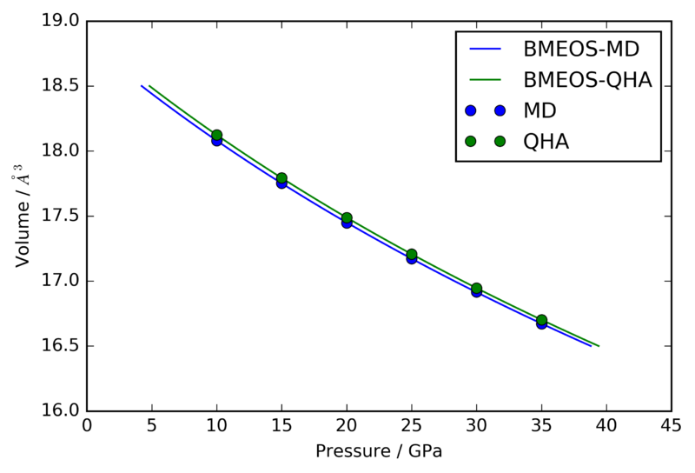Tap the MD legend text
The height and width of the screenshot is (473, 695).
pos(539,110)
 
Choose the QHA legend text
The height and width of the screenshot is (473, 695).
pos(546,142)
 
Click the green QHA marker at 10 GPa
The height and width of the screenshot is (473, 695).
pos(217,135)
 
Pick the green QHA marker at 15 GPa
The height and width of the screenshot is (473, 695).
pos(281,177)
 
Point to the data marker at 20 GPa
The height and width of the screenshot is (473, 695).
pos(347,218)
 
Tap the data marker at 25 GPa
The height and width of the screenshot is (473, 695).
pos(412,255)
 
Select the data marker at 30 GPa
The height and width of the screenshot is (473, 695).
pos(476,289)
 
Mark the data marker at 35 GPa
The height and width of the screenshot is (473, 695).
pos(541,320)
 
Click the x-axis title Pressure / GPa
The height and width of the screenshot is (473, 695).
pos(379,452)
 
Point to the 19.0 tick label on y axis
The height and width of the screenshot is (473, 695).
pos(60,21)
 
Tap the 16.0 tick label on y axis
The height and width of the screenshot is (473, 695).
pos(60,411)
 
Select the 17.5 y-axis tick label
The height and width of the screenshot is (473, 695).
pos(60,216)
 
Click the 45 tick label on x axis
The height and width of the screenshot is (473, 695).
pos(671,426)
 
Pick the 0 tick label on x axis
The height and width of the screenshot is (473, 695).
pos(87,426)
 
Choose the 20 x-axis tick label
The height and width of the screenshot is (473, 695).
pos(347,426)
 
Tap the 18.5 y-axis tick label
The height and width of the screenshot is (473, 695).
pos(60,86)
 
